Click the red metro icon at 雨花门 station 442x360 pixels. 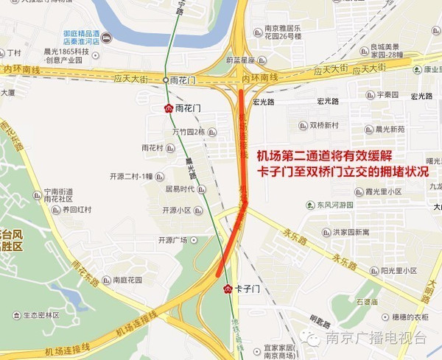(x=168, y=107)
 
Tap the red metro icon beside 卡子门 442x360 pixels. (x=227, y=289)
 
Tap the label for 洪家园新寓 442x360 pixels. (x=350, y=232)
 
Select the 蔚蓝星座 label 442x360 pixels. (x=241, y=60)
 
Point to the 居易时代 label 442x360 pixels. (x=179, y=189)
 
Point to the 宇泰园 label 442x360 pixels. (x=386, y=95)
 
